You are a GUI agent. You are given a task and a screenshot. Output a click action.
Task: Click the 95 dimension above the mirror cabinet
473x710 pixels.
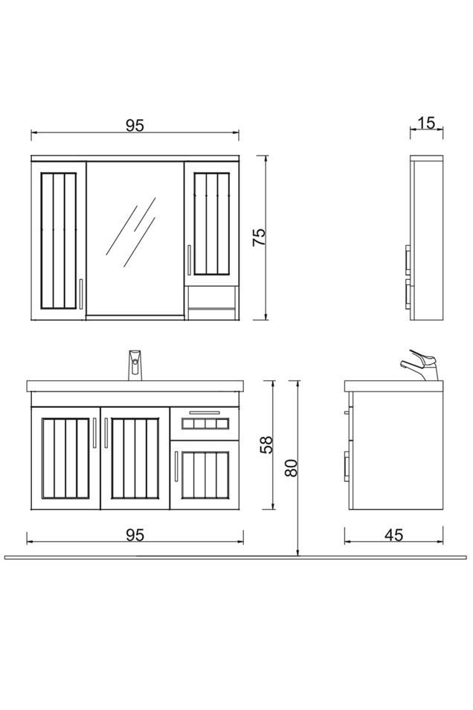(x=134, y=125)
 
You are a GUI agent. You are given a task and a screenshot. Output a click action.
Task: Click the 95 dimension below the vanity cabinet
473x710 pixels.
(x=134, y=535)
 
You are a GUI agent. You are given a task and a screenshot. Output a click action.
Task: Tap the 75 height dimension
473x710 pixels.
(x=258, y=237)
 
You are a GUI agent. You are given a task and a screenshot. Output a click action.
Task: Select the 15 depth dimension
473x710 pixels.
(x=426, y=122)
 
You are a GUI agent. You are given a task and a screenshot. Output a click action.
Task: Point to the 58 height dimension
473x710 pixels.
(x=267, y=444)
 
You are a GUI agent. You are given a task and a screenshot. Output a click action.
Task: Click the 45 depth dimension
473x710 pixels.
(x=393, y=535)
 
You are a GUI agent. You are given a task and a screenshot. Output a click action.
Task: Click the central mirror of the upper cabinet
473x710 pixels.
(x=135, y=238)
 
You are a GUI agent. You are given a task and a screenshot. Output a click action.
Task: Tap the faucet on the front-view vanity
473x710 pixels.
(x=135, y=365)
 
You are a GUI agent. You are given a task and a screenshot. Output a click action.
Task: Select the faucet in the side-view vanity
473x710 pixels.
(x=420, y=364)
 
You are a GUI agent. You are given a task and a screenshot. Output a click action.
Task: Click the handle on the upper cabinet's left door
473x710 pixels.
(x=80, y=293)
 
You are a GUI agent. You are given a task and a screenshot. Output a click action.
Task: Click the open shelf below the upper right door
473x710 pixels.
(x=211, y=301)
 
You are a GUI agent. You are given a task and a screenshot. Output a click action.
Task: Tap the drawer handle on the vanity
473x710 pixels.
(x=205, y=412)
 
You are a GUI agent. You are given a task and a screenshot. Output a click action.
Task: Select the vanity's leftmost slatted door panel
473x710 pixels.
(x=65, y=458)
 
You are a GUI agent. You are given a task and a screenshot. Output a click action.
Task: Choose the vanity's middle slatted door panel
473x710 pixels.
(x=135, y=458)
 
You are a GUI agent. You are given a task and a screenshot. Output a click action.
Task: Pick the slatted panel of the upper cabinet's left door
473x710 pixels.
(x=57, y=240)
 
